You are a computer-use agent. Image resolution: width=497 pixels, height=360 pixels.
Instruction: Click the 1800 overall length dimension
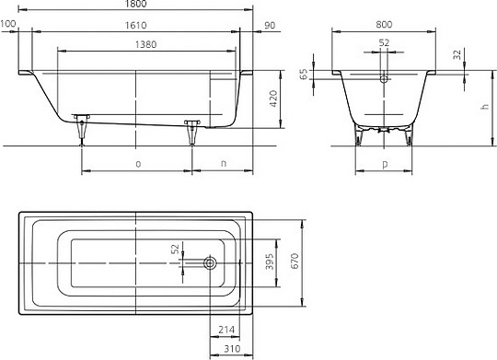pyautogui.click(x=135, y=4)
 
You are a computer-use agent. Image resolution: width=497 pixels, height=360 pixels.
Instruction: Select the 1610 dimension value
pyautogui.click(x=135, y=25)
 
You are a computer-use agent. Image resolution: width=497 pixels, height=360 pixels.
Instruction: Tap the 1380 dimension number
pyautogui.click(x=145, y=44)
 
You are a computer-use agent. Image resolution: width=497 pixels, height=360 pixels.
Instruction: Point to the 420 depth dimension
pyautogui.click(x=273, y=99)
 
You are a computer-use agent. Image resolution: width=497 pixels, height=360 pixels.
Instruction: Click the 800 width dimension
pyautogui.click(x=384, y=25)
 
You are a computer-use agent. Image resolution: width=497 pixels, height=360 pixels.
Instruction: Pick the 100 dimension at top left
pyautogui.click(x=8, y=24)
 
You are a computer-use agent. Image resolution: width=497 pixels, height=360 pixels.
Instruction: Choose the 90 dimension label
pyautogui.click(x=270, y=25)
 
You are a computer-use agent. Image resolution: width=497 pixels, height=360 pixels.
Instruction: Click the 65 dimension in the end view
pyautogui.click(x=304, y=75)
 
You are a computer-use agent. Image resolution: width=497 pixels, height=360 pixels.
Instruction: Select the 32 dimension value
pyautogui.click(x=457, y=54)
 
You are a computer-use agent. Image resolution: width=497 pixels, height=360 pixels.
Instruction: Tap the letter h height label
pyautogui.click(x=485, y=107)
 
